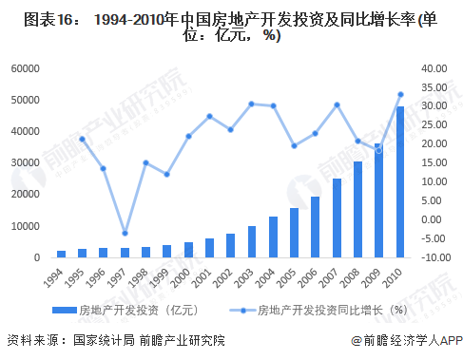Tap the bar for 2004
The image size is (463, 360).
[274, 237]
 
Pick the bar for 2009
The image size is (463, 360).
[378, 200]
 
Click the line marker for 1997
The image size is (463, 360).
[125, 233]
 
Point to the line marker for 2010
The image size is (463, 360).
[400, 94]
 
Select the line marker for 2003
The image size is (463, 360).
[252, 104]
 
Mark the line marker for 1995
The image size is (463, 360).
[83, 139]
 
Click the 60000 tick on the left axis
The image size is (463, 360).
[26, 68]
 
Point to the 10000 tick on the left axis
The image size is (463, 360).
[26, 226]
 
